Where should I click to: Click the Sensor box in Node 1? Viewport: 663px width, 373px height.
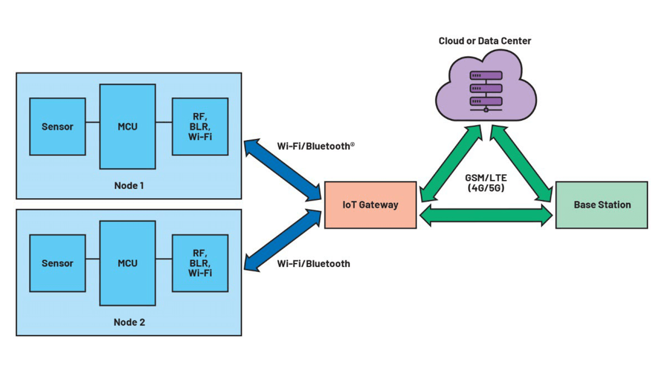pyautogui.click(x=57, y=126)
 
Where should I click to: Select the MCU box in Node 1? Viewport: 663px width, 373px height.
pyautogui.click(x=127, y=126)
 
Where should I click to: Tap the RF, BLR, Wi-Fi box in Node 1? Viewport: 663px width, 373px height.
pyautogui.click(x=200, y=126)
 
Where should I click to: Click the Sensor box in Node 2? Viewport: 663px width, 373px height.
pyautogui.click(x=57, y=263)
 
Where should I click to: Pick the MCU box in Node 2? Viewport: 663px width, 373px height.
pyautogui.click(x=127, y=263)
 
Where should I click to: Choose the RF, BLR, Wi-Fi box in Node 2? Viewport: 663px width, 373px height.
pyautogui.click(x=200, y=263)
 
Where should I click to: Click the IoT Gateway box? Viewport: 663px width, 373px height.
pyautogui.click(x=370, y=205)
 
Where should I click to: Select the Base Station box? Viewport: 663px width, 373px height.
pyautogui.click(x=602, y=205)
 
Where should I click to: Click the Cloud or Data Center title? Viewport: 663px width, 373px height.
pyautogui.click(x=485, y=41)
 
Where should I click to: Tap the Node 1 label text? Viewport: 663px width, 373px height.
pyautogui.click(x=129, y=185)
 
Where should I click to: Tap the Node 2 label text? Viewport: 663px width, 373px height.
pyautogui.click(x=129, y=322)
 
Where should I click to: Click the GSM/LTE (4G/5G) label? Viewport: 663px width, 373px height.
pyautogui.click(x=485, y=182)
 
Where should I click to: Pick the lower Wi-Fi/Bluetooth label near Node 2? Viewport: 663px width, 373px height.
pyautogui.click(x=313, y=264)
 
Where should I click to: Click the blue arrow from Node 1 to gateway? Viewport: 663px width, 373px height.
pyautogui.click(x=282, y=170)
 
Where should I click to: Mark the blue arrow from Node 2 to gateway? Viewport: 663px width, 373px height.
pyautogui.click(x=282, y=240)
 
